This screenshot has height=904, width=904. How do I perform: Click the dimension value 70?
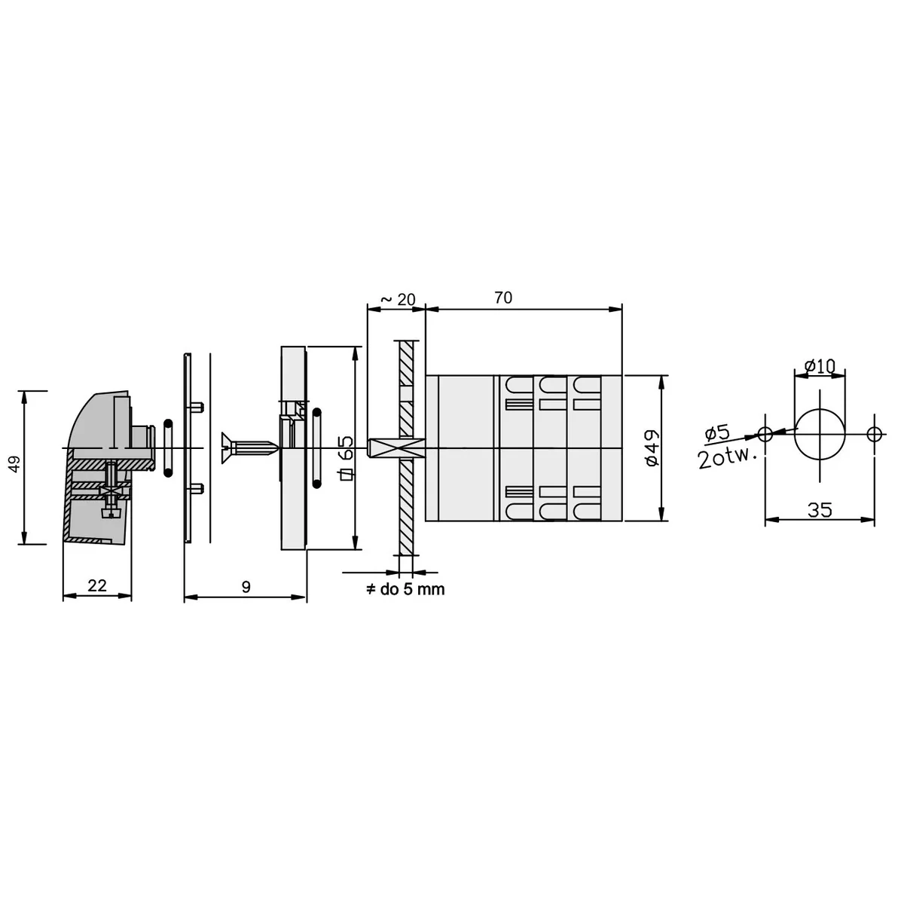(x=503, y=298)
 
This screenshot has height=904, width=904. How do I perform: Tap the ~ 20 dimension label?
(x=398, y=299)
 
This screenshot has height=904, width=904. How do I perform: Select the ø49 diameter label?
(x=652, y=448)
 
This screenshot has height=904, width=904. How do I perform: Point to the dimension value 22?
(x=97, y=585)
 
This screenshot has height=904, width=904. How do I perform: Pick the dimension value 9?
(x=246, y=587)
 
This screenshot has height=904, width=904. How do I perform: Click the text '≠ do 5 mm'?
(x=405, y=589)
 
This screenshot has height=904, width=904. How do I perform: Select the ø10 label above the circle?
(x=820, y=366)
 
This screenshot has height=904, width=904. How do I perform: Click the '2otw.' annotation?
(x=727, y=458)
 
